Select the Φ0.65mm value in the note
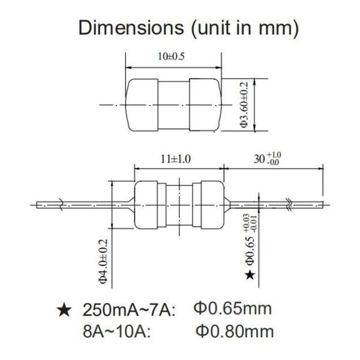[x=233, y=310]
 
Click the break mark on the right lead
[x=290, y=203]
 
